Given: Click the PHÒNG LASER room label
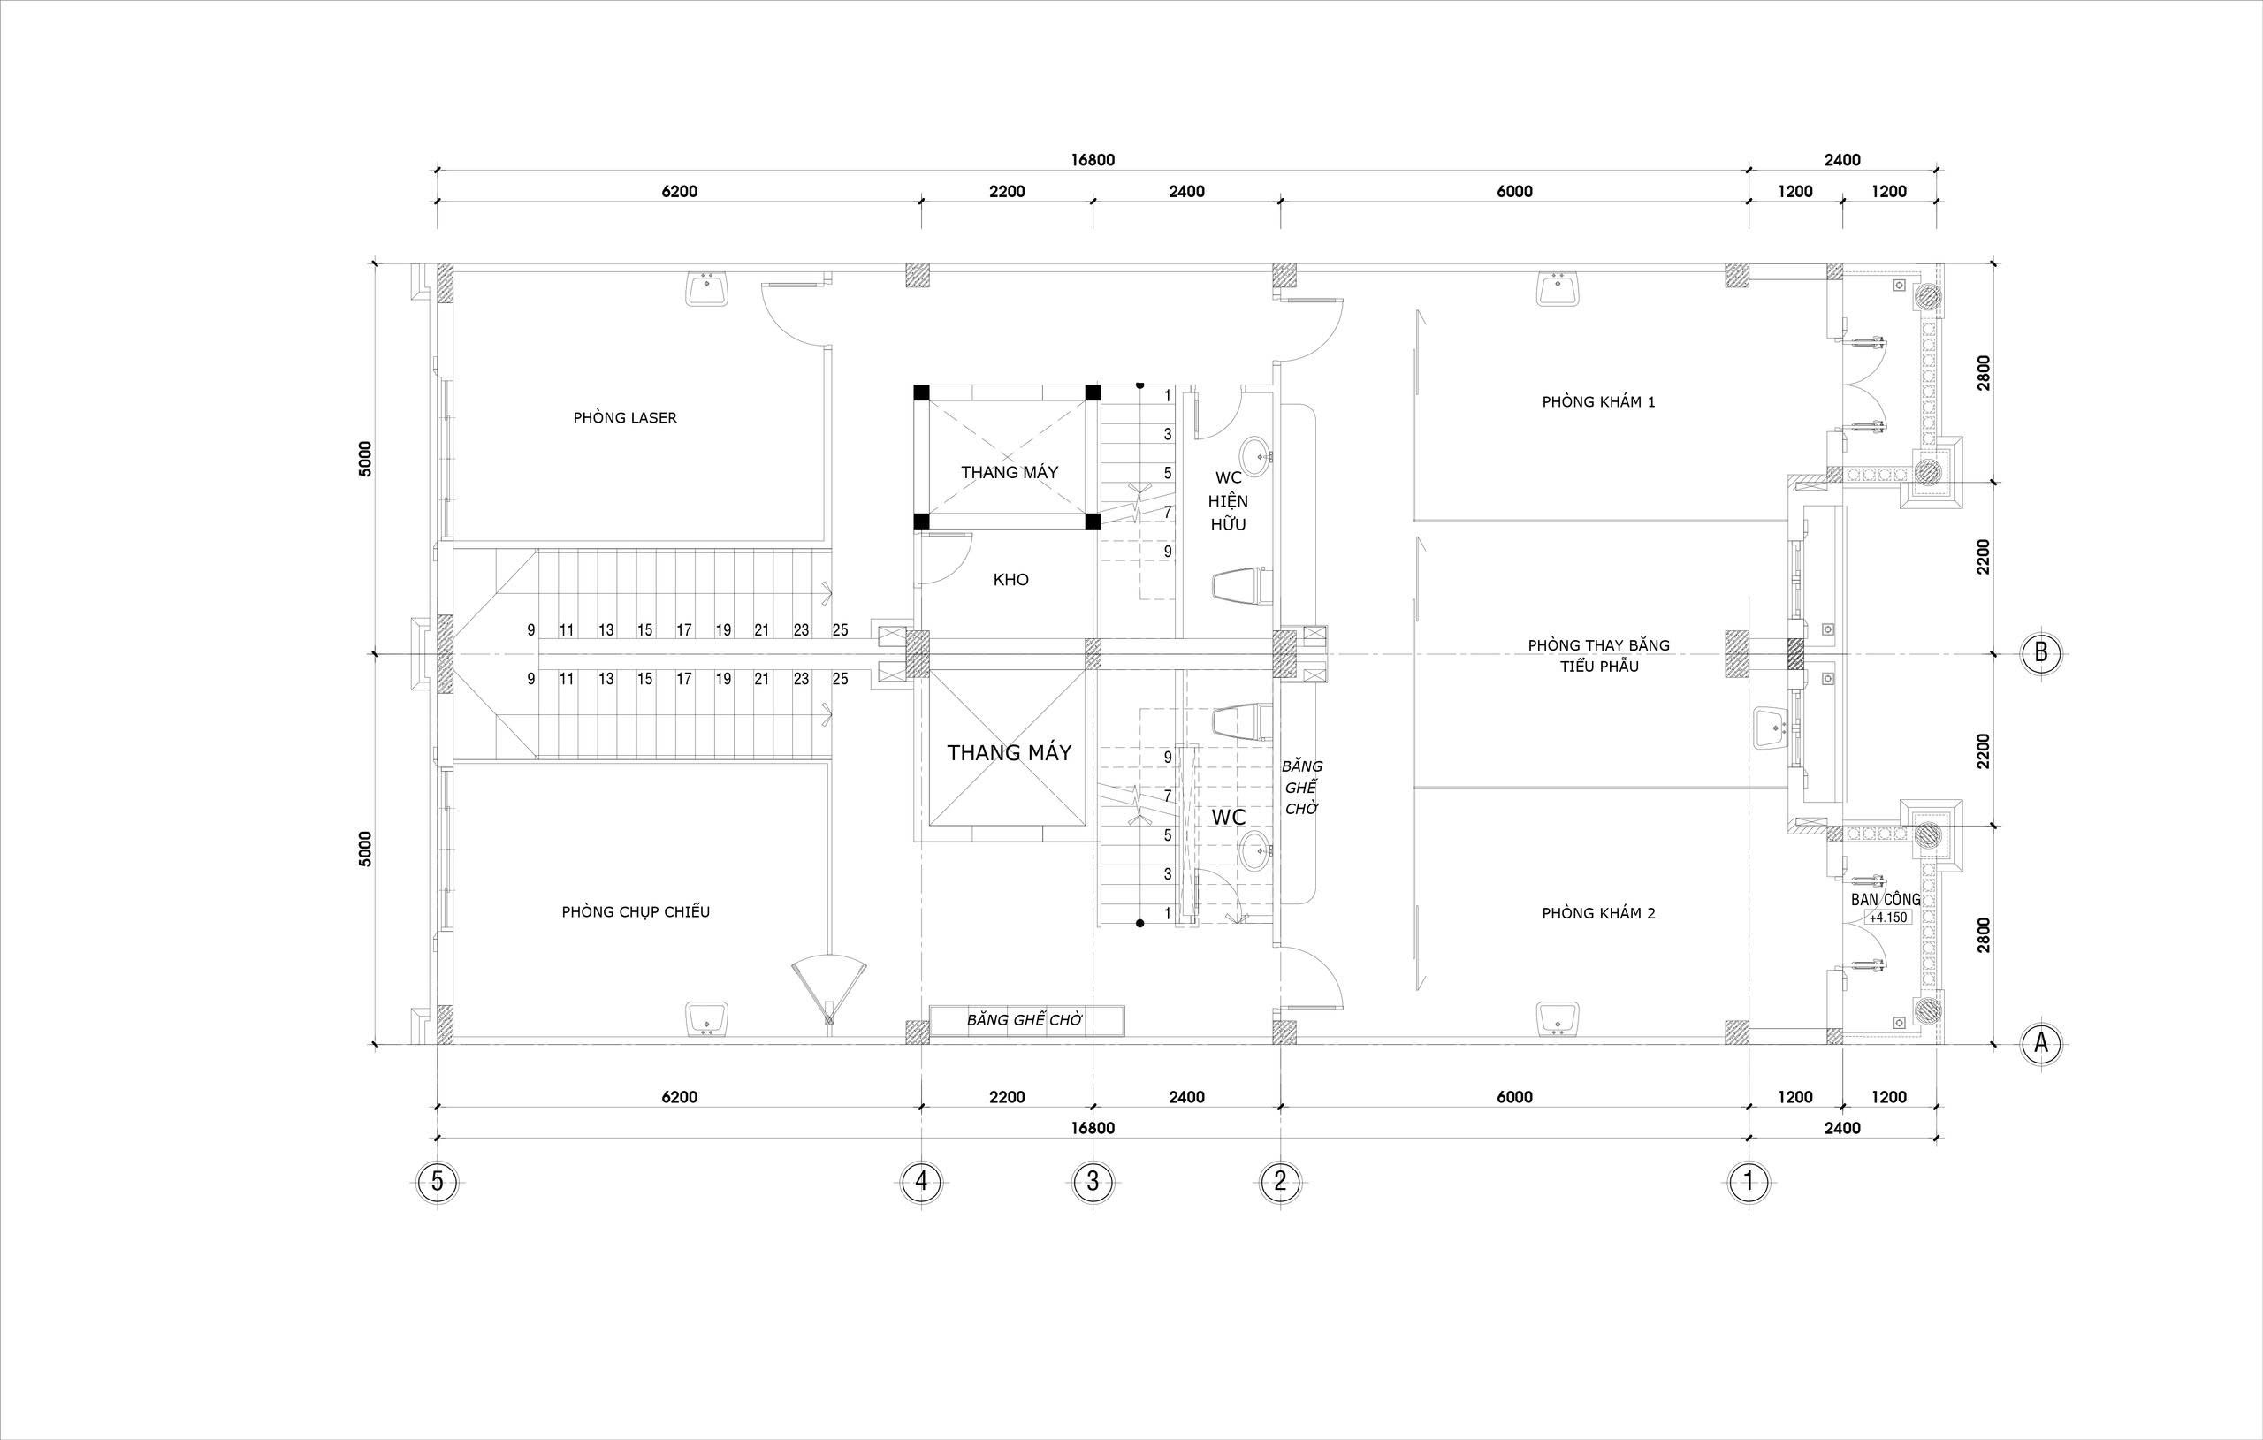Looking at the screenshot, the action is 625,418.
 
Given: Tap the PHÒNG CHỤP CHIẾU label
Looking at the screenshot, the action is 636,911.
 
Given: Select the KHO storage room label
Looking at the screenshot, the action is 1011,580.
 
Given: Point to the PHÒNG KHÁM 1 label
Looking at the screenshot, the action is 1598,402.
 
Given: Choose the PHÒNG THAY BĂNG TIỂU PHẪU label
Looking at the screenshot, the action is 1598,656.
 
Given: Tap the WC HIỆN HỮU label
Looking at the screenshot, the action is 1229,501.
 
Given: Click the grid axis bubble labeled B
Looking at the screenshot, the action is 2040,652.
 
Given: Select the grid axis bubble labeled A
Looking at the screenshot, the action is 2040,1043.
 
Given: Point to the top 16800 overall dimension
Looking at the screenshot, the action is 1093,160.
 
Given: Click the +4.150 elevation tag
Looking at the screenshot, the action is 1888,918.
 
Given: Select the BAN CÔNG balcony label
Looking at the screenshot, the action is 1886,900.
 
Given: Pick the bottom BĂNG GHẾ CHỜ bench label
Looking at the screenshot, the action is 1025,1020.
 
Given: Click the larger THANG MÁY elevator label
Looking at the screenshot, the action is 1010,753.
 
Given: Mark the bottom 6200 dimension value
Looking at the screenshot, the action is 680,1097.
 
